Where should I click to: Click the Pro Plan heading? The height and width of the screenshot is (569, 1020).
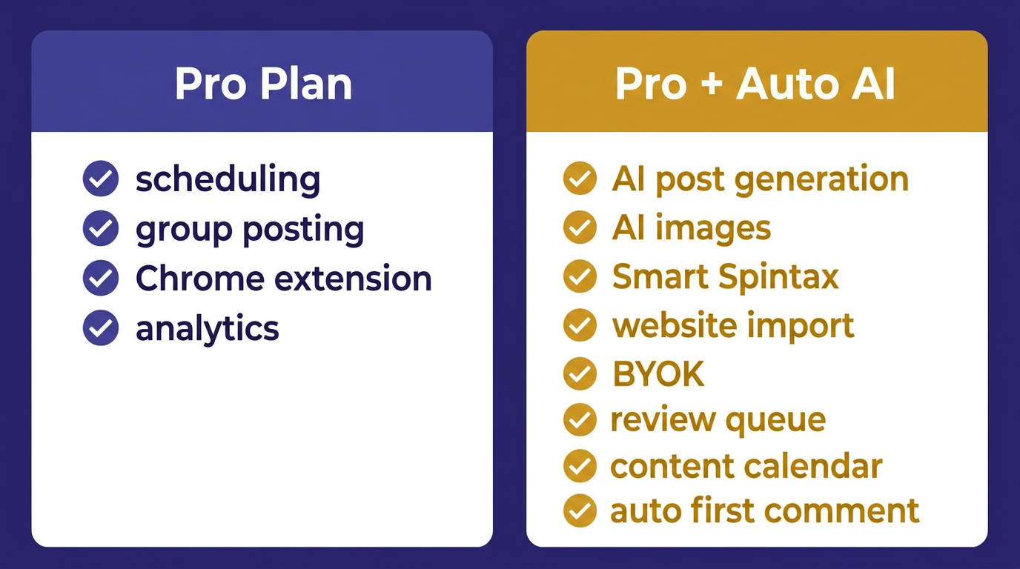(x=263, y=84)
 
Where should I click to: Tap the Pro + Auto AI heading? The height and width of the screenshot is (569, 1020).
(x=755, y=84)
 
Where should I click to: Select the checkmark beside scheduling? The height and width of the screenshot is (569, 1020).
(x=101, y=179)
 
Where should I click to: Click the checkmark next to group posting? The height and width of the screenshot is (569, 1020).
(x=101, y=229)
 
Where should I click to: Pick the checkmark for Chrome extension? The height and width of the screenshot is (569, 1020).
(x=101, y=279)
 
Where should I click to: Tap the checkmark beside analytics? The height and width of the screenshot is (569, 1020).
(x=101, y=328)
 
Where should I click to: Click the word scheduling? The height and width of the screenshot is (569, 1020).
(x=228, y=180)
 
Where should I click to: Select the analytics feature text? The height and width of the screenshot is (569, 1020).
(x=207, y=329)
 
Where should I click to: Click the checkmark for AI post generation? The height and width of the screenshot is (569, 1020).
(x=580, y=179)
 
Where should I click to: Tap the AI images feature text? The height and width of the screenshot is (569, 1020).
(x=691, y=228)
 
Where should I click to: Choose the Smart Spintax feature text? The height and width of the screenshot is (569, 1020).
(x=725, y=277)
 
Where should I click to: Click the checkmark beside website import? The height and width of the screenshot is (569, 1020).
(x=580, y=325)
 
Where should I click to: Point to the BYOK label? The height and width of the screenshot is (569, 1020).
(x=658, y=375)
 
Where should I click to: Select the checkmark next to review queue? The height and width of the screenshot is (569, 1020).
(x=580, y=421)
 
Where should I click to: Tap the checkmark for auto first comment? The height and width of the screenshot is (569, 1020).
(x=580, y=510)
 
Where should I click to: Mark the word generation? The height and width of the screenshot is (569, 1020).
(x=823, y=180)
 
